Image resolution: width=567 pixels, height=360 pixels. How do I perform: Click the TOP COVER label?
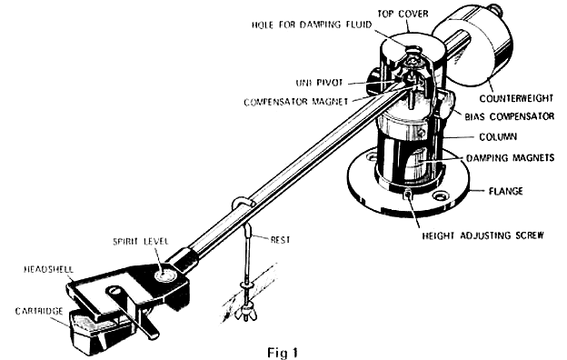403,14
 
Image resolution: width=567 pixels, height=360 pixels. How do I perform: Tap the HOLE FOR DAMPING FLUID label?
312,25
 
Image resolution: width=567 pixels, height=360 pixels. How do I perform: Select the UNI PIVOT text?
319,83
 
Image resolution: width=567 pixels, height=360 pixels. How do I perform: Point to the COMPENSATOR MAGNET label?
296,102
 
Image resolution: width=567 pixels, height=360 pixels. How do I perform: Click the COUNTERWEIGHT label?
516,98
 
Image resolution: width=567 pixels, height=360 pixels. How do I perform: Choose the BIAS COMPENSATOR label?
509,117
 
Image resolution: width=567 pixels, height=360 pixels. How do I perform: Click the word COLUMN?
498,137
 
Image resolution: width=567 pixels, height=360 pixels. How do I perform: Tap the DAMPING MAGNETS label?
510,158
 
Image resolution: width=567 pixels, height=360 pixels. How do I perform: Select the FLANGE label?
505,191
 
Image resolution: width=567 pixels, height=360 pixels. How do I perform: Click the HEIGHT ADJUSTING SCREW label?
482,235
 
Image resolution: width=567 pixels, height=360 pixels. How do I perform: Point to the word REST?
280,240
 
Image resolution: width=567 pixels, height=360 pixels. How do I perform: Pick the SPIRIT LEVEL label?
141,242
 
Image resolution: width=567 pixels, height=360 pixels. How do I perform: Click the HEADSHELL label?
48,270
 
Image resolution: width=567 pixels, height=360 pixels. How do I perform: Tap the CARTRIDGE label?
39,312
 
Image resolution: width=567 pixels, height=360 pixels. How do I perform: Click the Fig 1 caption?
283,353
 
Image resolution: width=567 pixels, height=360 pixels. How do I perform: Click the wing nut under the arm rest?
246,313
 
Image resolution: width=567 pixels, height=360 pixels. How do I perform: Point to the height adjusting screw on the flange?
408,194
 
